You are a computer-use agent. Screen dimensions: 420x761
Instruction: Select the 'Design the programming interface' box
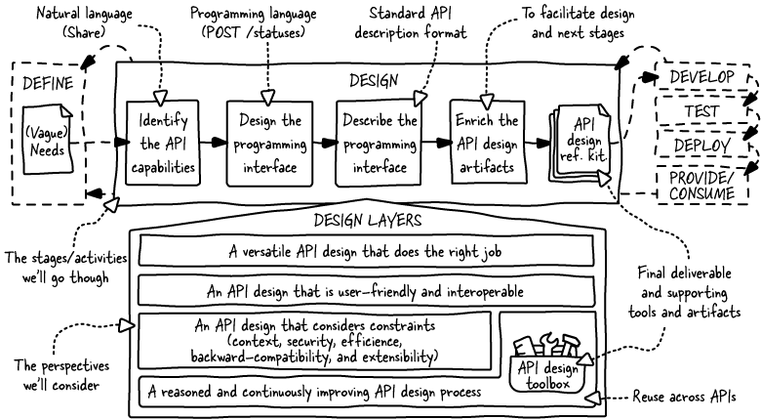pyautogui.click(x=267, y=143)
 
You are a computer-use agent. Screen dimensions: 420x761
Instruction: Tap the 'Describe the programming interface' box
pyautogui.click(x=380, y=143)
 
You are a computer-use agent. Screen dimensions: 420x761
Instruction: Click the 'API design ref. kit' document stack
pyautogui.click(x=582, y=143)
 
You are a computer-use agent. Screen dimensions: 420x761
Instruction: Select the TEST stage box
pyautogui.click(x=702, y=110)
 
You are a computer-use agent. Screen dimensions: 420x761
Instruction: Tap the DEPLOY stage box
pyautogui.click(x=703, y=146)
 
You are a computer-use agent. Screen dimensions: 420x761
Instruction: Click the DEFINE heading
pyautogui.click(x=48, y=83)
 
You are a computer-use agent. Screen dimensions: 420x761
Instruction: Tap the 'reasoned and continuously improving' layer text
pyautogui.click(x=312, y=393)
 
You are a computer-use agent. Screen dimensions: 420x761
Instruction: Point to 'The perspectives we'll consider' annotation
pyautogui.click(x=60, y=375)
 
